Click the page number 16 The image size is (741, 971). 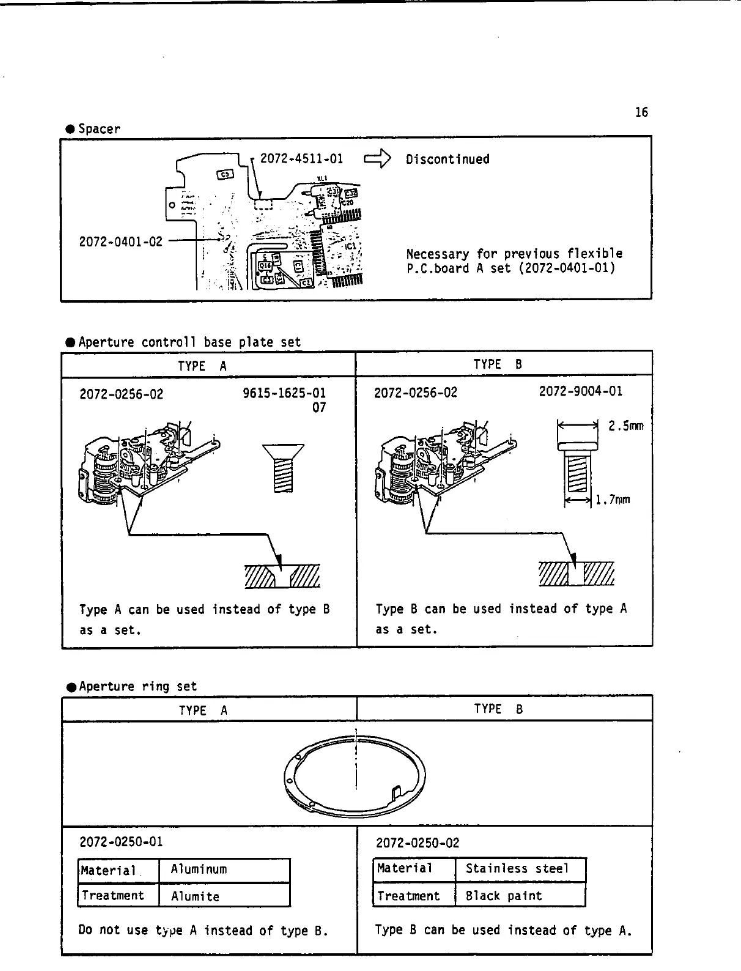(641, 113)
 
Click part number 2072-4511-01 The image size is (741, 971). (301, 159)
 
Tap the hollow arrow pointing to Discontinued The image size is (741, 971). (376, 160)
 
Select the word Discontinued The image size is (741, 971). (448, 160)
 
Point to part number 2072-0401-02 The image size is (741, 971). (121, 242)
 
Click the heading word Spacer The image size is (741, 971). (99, 129)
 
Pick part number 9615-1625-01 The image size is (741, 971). (284, 393)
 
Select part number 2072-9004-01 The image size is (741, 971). (580, 391)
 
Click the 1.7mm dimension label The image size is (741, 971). (613, 500)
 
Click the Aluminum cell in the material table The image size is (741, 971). (199, 869)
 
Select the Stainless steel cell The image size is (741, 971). (517, 869)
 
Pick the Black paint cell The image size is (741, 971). (504, 896)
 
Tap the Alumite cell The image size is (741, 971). (195, 897)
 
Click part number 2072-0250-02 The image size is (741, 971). (417, 843)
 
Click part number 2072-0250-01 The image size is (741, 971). (121, 842)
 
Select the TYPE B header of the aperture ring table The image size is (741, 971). (498, 709)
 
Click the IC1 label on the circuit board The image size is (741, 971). (351, 247)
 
